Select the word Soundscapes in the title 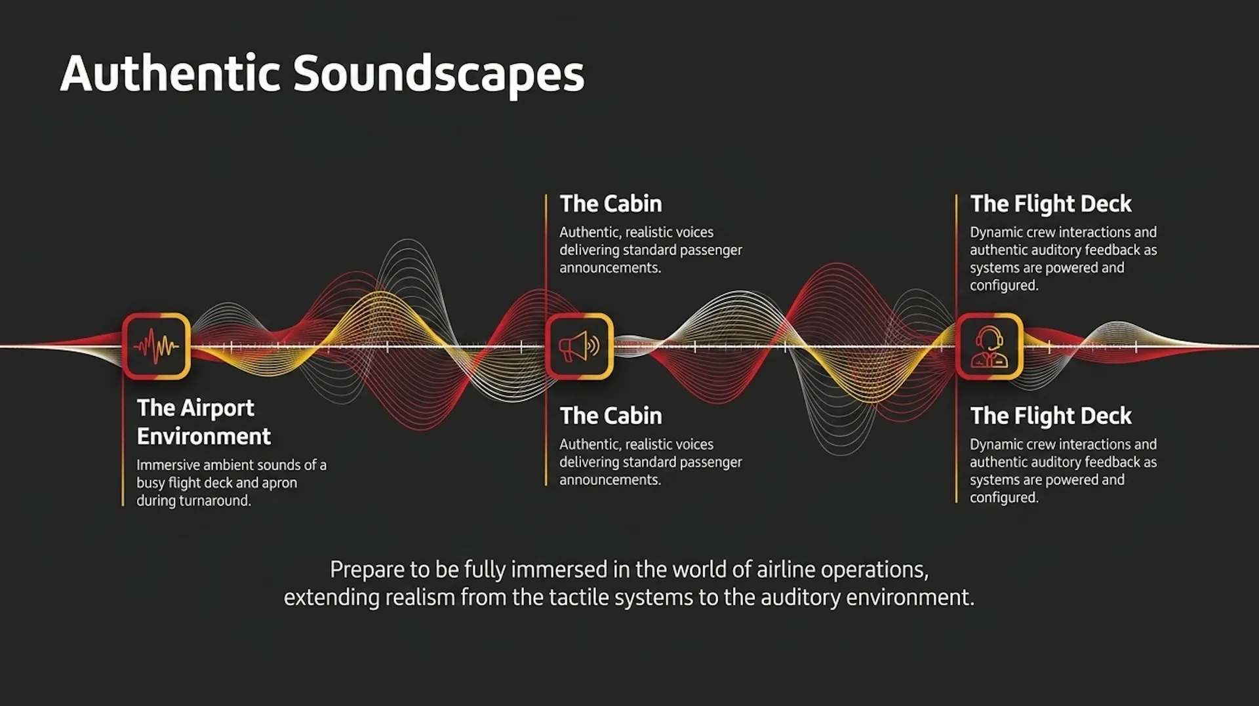439,75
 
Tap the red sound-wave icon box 156,346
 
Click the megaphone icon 579,346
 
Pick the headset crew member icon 989,346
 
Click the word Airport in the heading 216,408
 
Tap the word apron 280,484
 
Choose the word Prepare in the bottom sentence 367,570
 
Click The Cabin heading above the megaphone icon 610,204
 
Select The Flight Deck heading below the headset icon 1050,416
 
